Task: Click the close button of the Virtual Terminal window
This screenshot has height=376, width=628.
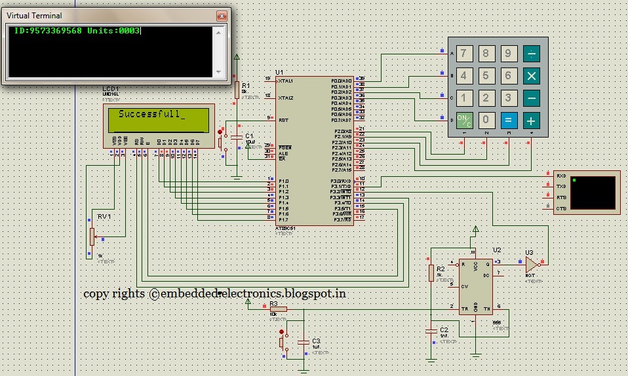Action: click(x=221, y=14)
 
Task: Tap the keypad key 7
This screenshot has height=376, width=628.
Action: click(x=464, y=53)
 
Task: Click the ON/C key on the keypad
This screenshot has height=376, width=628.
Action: click(x=464, y=120)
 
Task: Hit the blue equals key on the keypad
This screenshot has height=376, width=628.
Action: click(x=509, y=120)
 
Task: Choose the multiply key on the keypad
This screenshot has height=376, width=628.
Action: click(x=531, y=75)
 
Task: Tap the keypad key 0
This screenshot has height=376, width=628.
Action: click(x=486, y=120)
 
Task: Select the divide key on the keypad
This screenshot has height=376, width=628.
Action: click(x=531, y=53)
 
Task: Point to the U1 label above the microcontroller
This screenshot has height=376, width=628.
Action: click(x=279, y=72)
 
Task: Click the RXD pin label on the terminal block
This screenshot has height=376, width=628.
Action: click(x=560, y=176)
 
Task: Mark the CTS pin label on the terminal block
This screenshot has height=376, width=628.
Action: click(x=560, y=208)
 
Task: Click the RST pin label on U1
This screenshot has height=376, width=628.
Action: click(x=283, y=120)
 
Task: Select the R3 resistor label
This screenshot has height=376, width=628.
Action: click(x=273, y=305)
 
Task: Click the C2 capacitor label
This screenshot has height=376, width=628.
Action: click(x=444, y=329)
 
